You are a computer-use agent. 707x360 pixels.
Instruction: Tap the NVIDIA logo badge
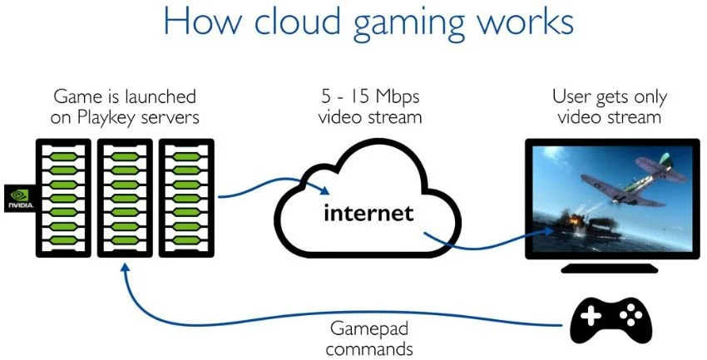[x=17, y=196]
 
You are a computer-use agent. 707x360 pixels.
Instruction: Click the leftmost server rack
[x=62, y=197]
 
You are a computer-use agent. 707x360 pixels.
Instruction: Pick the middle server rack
[x=125, y=197]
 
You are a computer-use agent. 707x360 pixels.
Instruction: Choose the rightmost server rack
[x=185, y=197]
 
